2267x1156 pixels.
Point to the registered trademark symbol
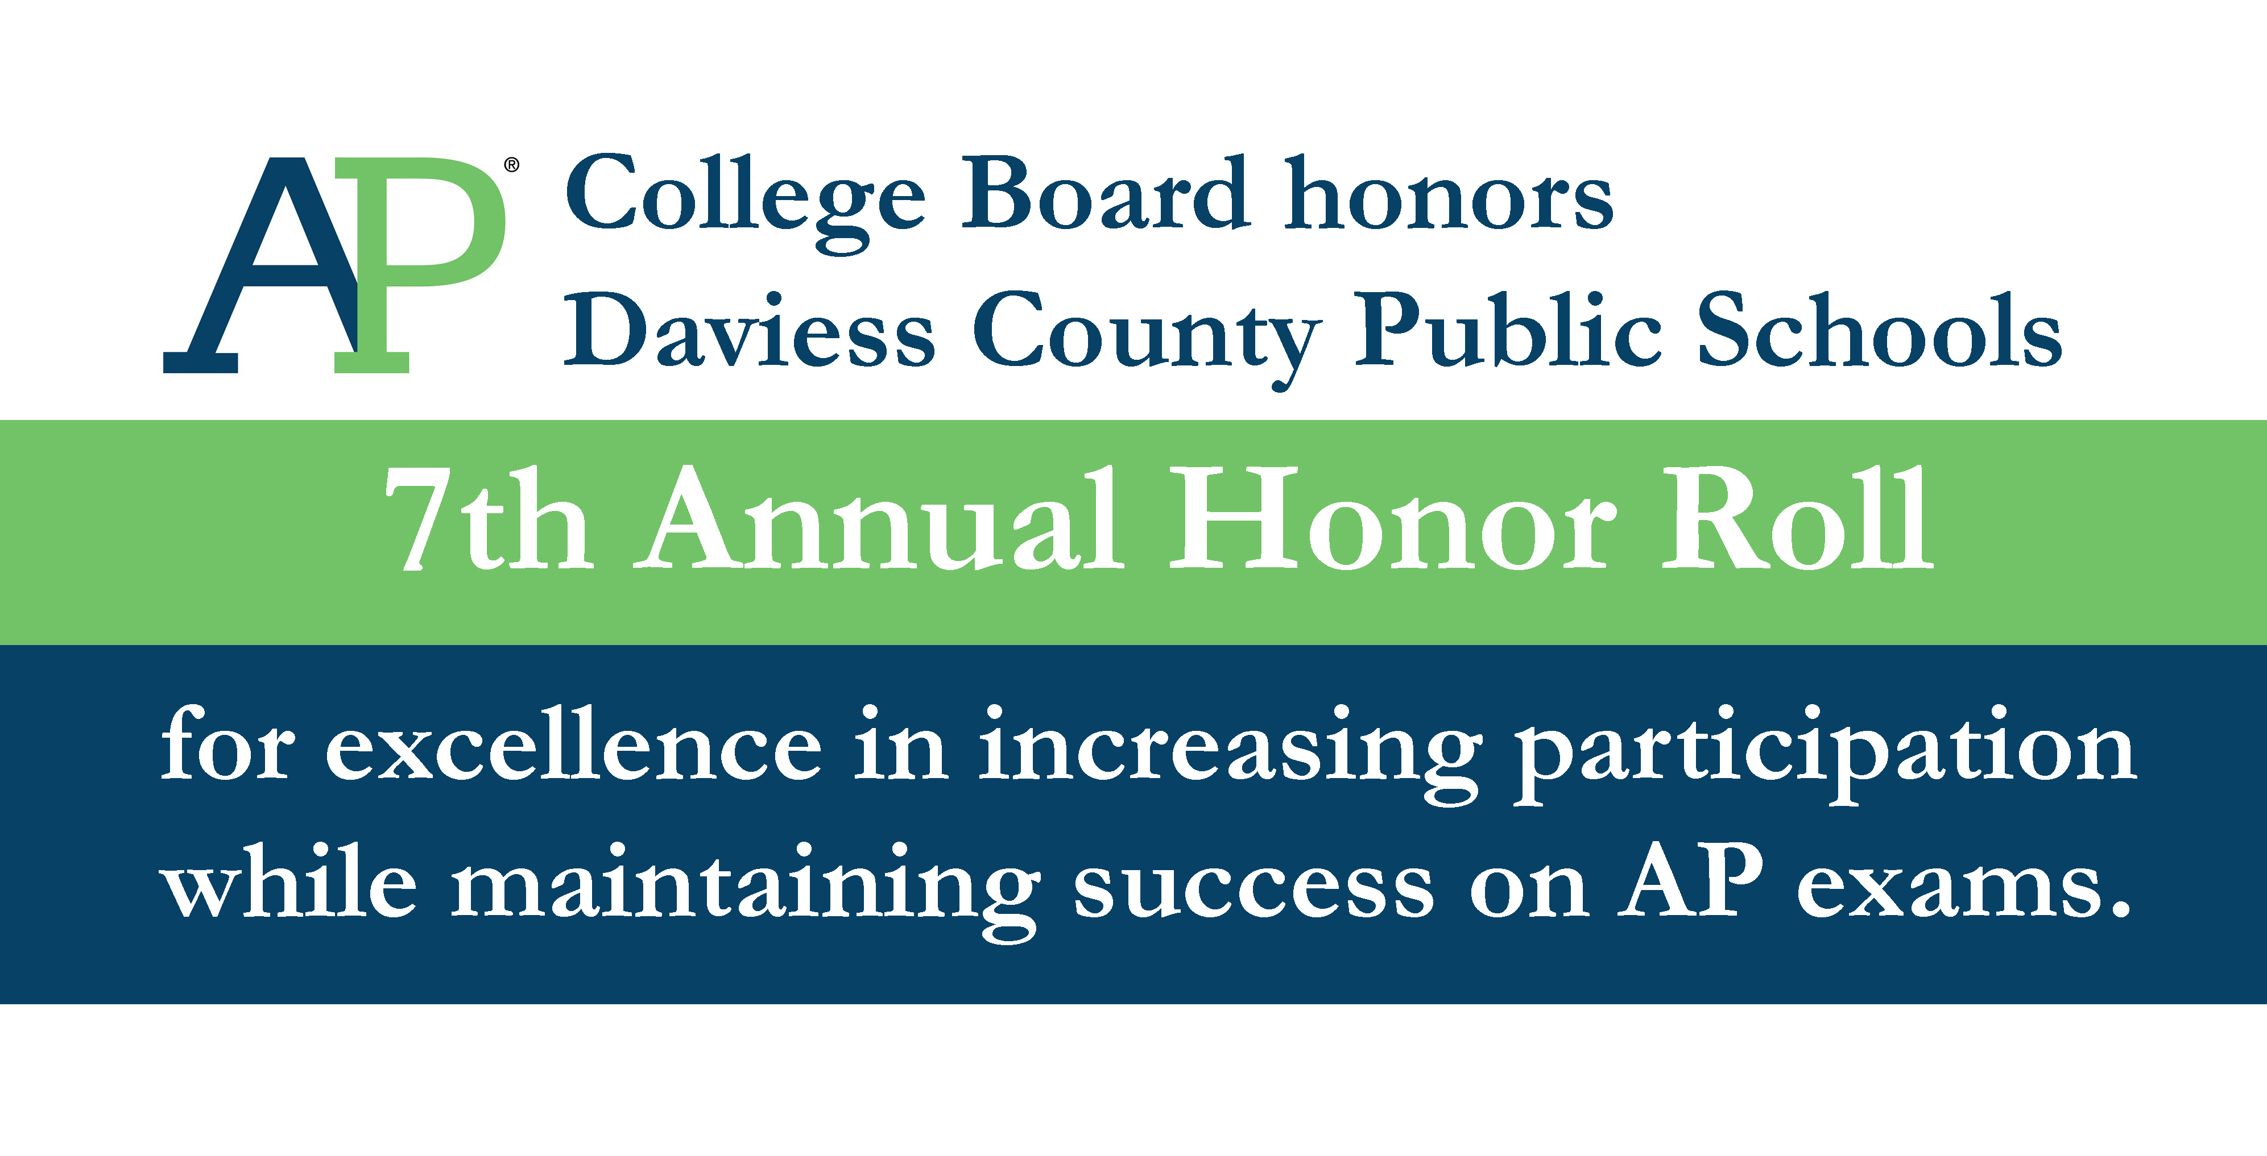[x=511, y=165]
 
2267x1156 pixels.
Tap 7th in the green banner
[x=489, y=518]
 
